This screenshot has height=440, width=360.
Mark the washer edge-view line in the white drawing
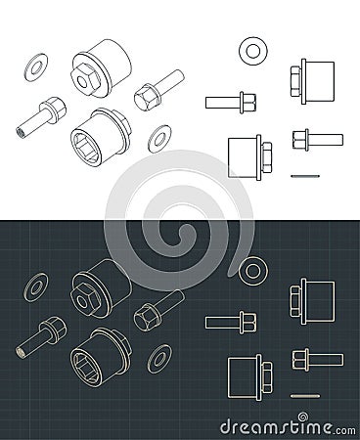pyautogui.click(x=306, y=173)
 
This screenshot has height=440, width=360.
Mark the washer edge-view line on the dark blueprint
pyautogui.click(x=306, y=393)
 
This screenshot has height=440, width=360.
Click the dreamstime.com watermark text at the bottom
pyautogui.click(x=284, y=426)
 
